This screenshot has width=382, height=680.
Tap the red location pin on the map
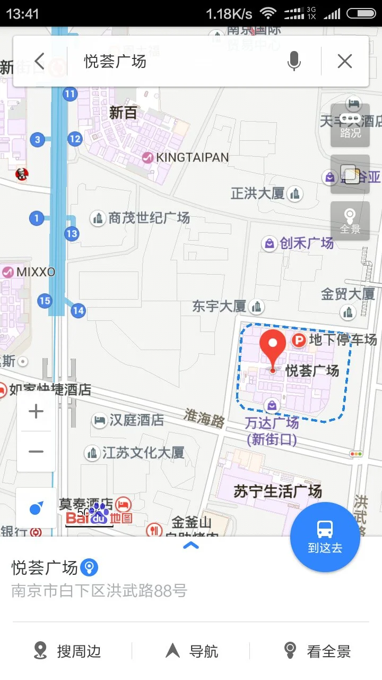click(x=272, y=346)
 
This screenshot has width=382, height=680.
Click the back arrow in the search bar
click(x=40, y=62)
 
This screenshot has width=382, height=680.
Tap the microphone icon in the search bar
click(x=294, y=62)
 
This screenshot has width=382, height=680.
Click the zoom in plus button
click(x=36, y=411)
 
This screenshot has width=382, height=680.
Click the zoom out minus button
click(x=36, y=452)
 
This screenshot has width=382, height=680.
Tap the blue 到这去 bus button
click(x=325, y=537)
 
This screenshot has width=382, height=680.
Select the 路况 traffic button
click(x=350, y=125)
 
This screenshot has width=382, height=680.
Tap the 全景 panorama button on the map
click(x=350, y=221)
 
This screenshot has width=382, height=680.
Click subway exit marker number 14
click(x=79, y=310)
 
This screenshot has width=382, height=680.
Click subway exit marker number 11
click(x=70, y=95)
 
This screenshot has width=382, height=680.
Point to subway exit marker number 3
click(x=37, y=140)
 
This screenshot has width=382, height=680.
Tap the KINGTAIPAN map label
click(x=192, y=157)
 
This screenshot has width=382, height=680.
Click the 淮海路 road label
click(x=204, y=418)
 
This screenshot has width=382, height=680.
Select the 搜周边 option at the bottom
click(x=68, y=651)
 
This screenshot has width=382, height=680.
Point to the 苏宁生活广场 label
click(x=278, y=491)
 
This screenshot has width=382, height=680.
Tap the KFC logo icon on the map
click(x=22, y=173)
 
